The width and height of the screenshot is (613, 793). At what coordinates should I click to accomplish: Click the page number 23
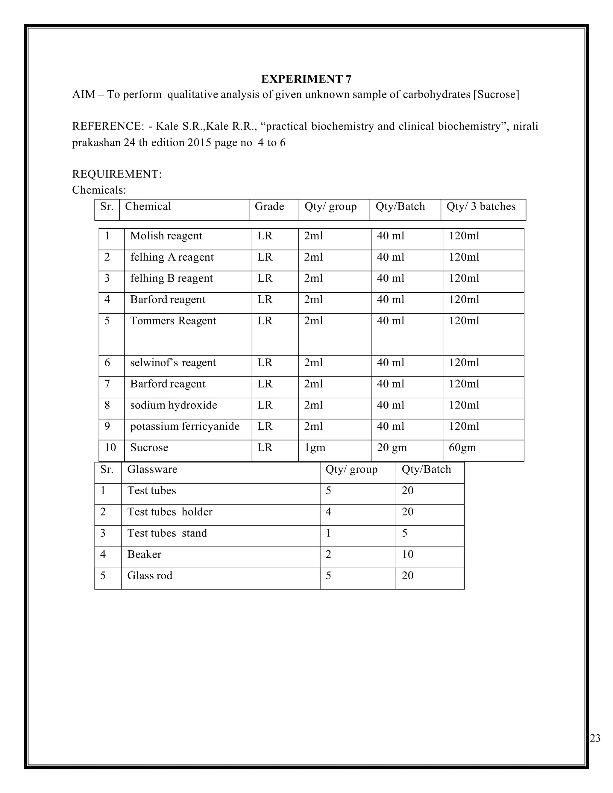coord(595,738)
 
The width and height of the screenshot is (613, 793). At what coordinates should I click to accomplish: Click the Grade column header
coord(269,206)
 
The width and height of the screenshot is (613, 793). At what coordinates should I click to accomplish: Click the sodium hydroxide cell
coord(174,405)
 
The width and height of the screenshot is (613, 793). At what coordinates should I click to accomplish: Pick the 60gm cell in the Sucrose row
coord(462,447)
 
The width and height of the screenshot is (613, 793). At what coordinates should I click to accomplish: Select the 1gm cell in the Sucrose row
coord(315,447)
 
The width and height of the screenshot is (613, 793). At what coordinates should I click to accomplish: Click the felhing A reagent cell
coord(172,257)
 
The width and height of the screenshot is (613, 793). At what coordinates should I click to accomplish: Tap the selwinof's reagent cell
coord(173,362)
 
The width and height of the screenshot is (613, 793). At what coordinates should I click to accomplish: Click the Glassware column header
coord(152,469)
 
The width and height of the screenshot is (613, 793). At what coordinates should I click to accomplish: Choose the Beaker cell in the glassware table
coord(144,554)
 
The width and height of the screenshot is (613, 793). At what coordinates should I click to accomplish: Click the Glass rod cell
coord(150,575)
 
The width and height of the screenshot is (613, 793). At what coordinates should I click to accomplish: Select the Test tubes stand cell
coord(167,533)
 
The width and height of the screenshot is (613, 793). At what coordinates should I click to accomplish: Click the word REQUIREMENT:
coord(116,174)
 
